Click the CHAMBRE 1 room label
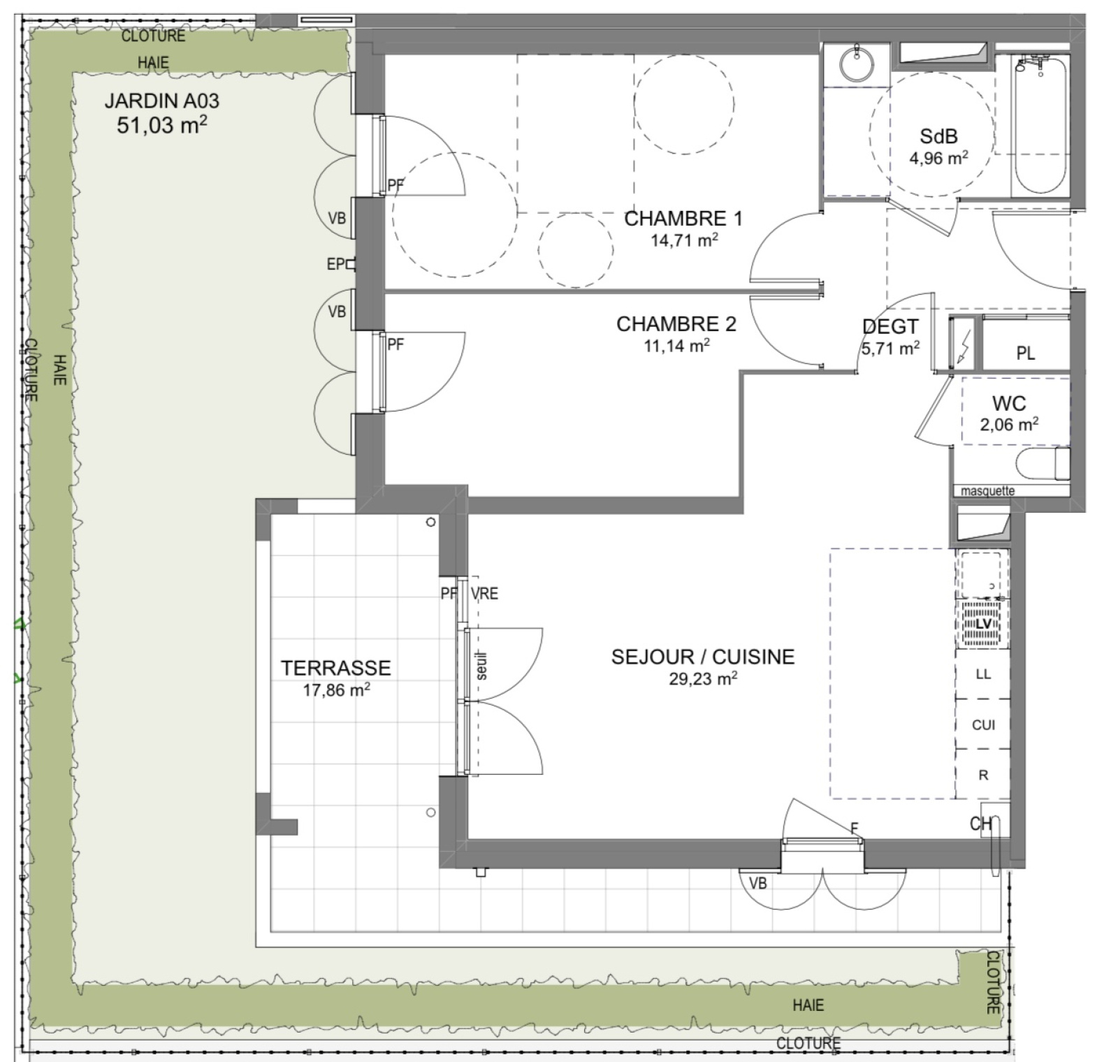[683, 219]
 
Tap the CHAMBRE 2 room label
[676, 324]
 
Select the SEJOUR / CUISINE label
[703, 657]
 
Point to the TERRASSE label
[336, 668]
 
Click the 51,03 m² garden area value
[162, 125]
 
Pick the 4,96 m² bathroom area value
[938, 158]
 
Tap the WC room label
[1009, 403]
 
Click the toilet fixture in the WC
[1042, 463]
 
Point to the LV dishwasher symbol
[983, 624]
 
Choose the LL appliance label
[983, 675]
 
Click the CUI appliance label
[983, 725]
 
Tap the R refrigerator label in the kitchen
[983, 776]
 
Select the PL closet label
[1025, 354]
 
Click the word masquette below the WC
[987, 491]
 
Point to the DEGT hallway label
[890, 326]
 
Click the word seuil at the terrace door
[482, 666]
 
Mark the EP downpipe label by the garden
[336, 264]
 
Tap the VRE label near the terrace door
[484, 594]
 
